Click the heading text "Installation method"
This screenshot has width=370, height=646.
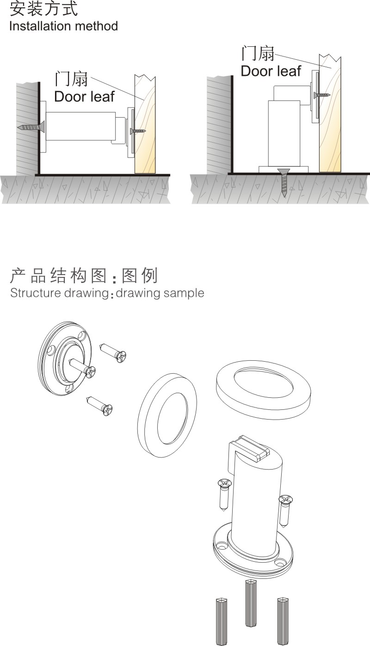[x=63, y=26]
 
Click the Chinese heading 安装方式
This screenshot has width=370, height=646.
[x=43, y=8]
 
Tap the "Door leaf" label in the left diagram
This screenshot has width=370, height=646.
[x=84, y=96]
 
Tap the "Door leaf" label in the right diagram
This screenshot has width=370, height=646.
[x=271, y=71]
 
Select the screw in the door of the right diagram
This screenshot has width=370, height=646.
[x=321, y=95]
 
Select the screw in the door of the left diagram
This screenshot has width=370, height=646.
[x=139, y=131]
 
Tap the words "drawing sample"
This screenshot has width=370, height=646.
[x=160, y=293]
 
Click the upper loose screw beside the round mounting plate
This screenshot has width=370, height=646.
[x=114, y=352]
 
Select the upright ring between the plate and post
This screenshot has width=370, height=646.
[x=167, y=414]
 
